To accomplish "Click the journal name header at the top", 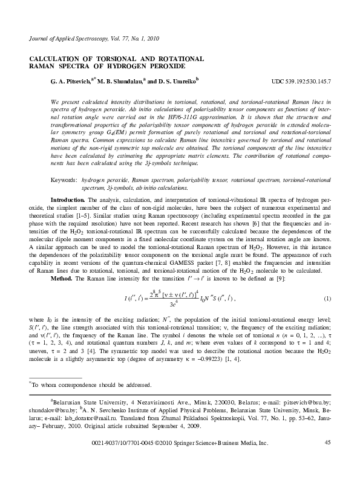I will tap(85, 37).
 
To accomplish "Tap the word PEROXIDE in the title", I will tap(177, 65).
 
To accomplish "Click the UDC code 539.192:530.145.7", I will tap(301, 80).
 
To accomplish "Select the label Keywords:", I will tap(64, 181).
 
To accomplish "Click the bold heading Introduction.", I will tap(69, 199).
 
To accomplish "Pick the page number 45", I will tap(328, 461).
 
